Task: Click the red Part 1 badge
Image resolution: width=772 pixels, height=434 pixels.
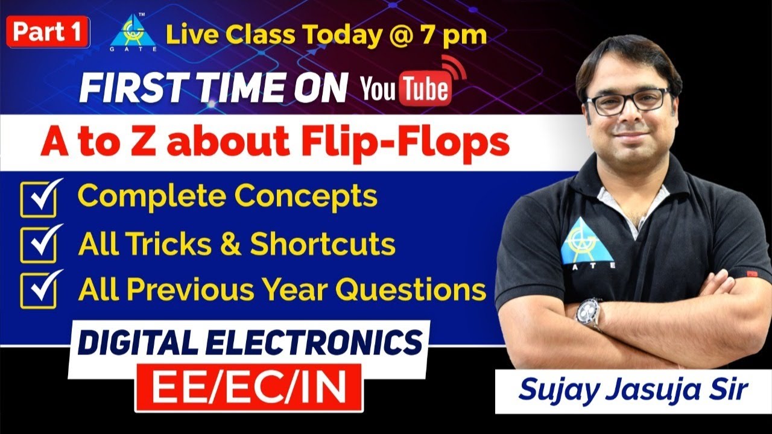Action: pos(48,32)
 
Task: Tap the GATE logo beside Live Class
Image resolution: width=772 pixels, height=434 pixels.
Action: pos(132,34)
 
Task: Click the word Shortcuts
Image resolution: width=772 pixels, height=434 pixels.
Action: pos(323,244)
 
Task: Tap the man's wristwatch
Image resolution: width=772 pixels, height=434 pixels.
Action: pos(588,313)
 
